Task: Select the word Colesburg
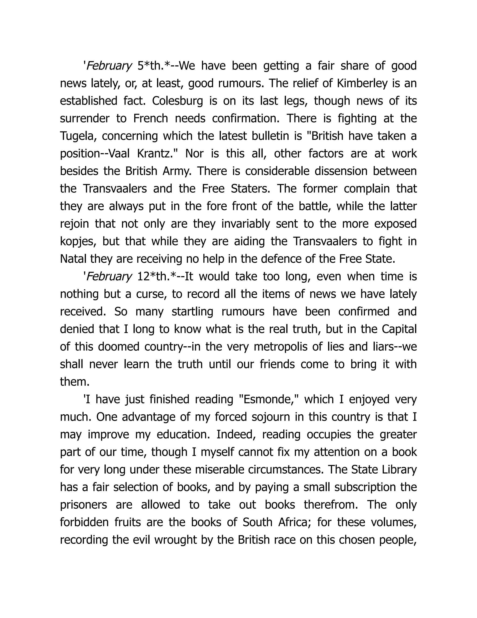(x=177, y=101)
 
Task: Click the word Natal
(x=73, y=259)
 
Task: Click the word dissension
(x=341, y=171)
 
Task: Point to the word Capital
(x=399, y=329)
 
